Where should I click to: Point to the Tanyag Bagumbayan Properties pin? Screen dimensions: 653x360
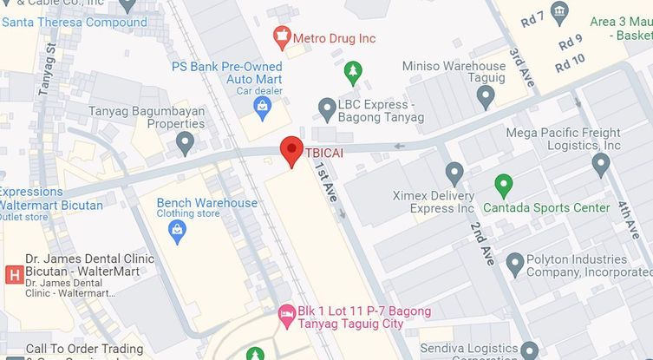tap(185, 142)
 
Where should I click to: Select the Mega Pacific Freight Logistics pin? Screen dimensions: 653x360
tap(601, 162)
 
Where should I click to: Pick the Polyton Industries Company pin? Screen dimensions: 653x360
tap(514, 262)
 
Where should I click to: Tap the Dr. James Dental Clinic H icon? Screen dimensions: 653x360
tap(13, 275)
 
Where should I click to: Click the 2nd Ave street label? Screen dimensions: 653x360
tap(482, 243)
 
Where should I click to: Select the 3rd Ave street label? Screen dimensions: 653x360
tap(523, 67)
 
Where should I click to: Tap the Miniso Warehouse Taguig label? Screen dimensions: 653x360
tap(454, 73)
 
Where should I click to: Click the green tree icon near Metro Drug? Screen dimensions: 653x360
tap(352, 69)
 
